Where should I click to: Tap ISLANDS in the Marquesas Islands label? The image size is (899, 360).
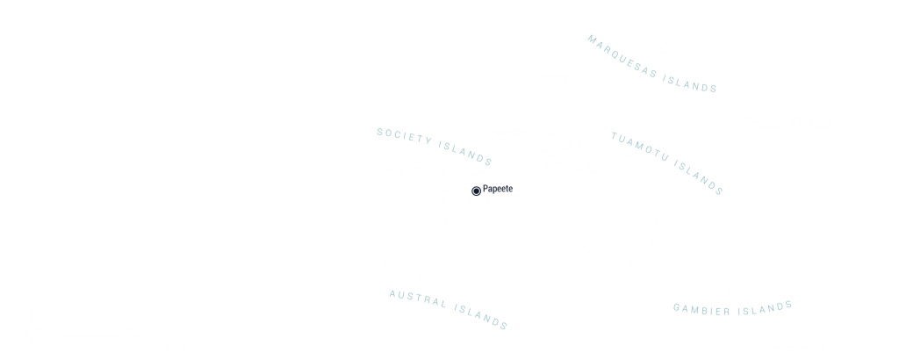[x=690, y=83]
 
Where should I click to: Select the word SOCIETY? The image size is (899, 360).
[x=405, y=136]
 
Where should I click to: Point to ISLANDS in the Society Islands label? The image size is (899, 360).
[x=465, y=153]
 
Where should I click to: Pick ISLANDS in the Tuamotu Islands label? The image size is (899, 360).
[x=698, y=177]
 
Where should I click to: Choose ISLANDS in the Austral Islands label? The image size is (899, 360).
[x=481, y=317]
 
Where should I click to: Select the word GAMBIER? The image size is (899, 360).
[x=701, y=310]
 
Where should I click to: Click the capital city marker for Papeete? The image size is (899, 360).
[x=476, y=191]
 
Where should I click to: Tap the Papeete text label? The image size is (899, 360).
[x=498, y=189]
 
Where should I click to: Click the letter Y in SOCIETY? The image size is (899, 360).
[x=428, y=140]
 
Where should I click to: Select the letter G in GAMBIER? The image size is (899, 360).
[x=677, y=308]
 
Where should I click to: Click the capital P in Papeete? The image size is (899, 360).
[x=485, y=188]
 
